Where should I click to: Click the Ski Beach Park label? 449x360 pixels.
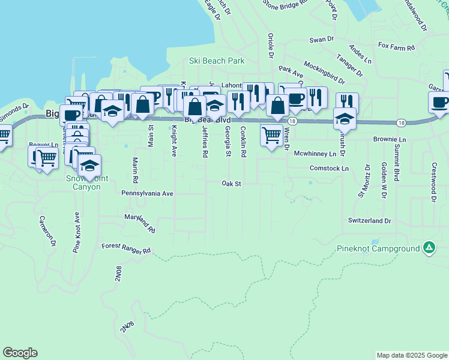coord(217,61)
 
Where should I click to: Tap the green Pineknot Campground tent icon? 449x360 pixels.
coord(429,247)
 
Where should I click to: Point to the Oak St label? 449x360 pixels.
coord(231,183)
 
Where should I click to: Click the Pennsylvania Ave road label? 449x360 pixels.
coord(147,193)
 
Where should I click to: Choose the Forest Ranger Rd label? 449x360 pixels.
coord(126,249)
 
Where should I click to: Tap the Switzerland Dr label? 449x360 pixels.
coord(369,221)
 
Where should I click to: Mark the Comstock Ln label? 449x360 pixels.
coord(329,169)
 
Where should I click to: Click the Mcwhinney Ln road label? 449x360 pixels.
coord(315,154)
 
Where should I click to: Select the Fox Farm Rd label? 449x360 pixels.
coord(397,46)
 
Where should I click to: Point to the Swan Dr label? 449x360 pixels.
coord(321,40)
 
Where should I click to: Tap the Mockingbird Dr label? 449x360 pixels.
coord(324,73)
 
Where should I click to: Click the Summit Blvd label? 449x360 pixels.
coord(397,162)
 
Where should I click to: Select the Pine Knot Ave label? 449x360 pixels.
coord(77,233)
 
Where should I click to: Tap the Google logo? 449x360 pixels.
coord(20,353)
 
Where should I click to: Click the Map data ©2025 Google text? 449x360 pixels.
coord(412,355)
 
